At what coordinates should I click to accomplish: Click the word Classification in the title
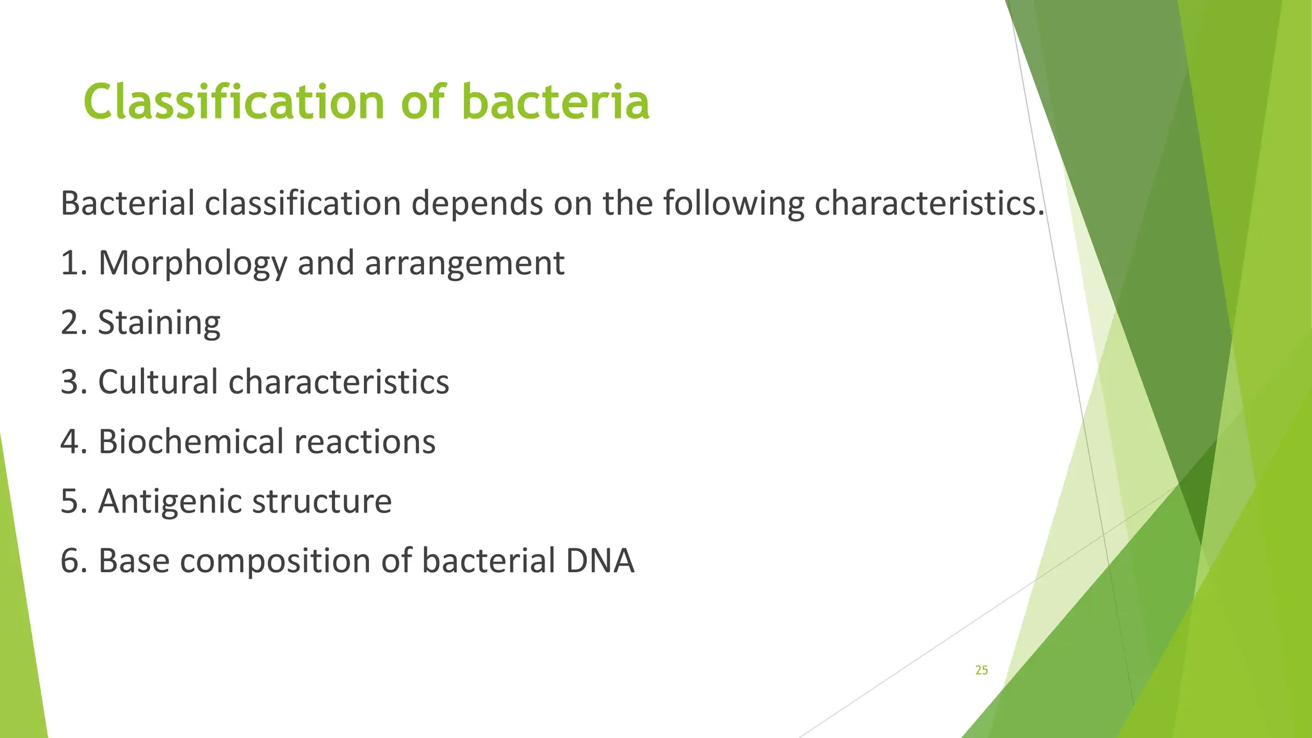click(234, 102)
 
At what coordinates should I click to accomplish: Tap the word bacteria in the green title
click(555, 102)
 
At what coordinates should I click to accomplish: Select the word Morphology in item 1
click(192, 264)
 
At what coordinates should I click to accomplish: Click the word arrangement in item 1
click(464, 264)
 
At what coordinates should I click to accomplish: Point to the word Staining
click(159, 323)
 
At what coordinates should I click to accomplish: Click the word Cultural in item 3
click(158, 382)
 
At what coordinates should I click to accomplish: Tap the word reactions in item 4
click(365, 442)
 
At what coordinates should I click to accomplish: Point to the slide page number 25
click(981, 671)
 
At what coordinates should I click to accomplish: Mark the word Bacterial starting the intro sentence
click(127, 204)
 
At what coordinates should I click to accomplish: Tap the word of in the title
click(423, 102)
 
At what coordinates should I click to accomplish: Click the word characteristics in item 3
click(339, 382)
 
